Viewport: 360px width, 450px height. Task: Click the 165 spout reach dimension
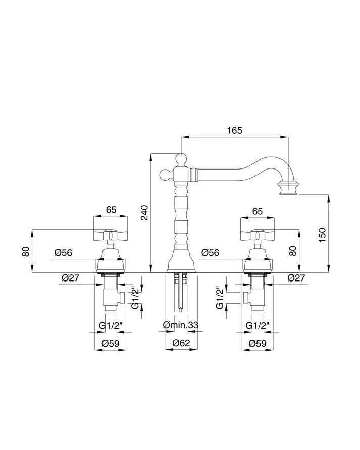[234, 130]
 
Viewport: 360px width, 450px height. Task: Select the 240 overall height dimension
[146, 213]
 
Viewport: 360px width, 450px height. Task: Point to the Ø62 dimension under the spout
[181, 343]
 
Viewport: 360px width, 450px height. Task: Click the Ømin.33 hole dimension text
[180, 325]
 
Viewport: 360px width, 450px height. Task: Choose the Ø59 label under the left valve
[111, 343]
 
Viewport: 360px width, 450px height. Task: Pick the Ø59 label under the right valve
[258, 343]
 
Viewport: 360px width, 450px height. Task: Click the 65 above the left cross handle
[111, 210]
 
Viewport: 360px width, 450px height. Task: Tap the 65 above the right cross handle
[258, 211]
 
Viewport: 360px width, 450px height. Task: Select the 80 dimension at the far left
[26, 251]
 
